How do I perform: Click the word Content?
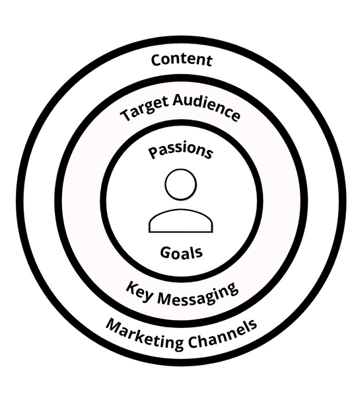[182, 60]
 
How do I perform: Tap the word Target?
[145, 110]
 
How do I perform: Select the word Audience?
[206, 107]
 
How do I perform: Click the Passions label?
[180, 151]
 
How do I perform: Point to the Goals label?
[181, 253]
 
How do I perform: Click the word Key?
[139, 291]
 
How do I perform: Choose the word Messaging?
[198, 295]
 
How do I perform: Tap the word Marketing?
[145, 334]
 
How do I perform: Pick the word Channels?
[222, 335]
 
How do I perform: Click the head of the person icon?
[181, 184]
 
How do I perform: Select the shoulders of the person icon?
[181, 221]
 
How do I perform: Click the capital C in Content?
[157, 60]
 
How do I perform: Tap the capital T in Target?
[126, 114]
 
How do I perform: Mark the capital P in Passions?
[153, 153]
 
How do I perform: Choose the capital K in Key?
[132, 288]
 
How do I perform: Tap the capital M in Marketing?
[114, 325]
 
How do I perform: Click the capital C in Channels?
[194, 342]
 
